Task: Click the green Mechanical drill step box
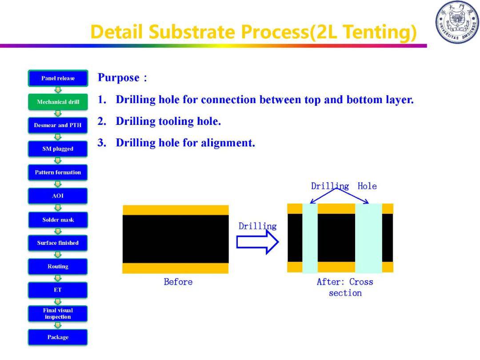[58, 102]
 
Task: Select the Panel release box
[58, 78]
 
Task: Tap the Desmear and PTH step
[58, 125]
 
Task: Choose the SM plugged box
[58, 149]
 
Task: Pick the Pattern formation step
[58, 172]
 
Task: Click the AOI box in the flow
[58, 196]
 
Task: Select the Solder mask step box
[58, 220]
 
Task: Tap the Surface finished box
[58, 243]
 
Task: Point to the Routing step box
[58, 267]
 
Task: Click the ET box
[58, 290]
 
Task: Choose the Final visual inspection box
[58, 313]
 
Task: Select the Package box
[58, 337]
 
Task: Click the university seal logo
[457, 22]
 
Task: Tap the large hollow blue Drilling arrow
[257, 242]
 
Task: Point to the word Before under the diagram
[178, 282]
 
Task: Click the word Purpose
[119, 78]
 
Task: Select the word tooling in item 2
[176, 121]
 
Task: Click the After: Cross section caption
[345, 287]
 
